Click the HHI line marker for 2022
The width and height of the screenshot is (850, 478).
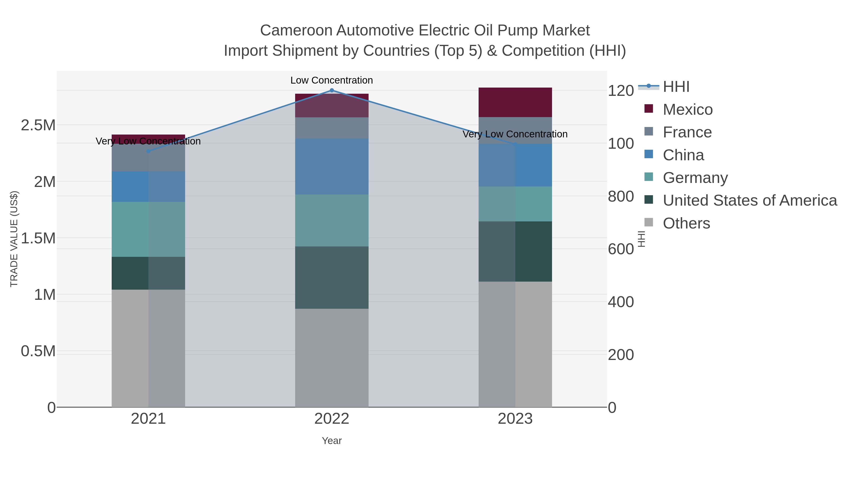[x=332, y=90]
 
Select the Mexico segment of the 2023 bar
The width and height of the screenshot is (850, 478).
[x=515, y=102]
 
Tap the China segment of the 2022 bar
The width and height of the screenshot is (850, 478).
[x=332, y=167]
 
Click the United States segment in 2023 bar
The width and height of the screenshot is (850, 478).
[x=515, y=251]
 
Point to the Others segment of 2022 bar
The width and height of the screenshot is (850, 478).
[x=332, y=358]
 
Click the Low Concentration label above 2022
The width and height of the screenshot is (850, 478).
[x=332, y=80]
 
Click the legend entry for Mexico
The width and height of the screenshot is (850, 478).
[x=688, y=110]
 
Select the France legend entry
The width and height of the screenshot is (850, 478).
[x=687, y=132]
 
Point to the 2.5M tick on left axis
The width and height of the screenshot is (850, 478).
[x=38, y=125]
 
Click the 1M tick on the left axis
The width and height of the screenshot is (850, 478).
[x=45, y=295]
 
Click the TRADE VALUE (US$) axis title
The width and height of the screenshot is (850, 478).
[x=14, y=239]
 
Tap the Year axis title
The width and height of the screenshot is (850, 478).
[x=332, y=441]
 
